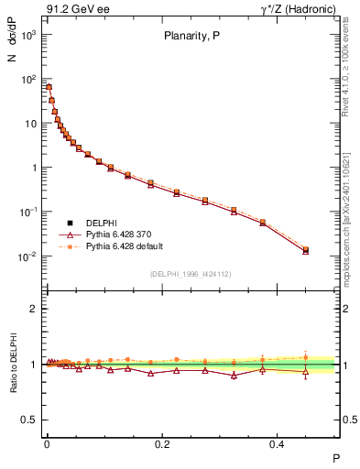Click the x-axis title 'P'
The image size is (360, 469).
pyautogui.click(x=335, y=457)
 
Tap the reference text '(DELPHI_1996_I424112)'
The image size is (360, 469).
pyautogui.click(x=191, y=273)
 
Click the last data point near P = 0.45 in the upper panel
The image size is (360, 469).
pyautogui.click(x=306, y=250)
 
